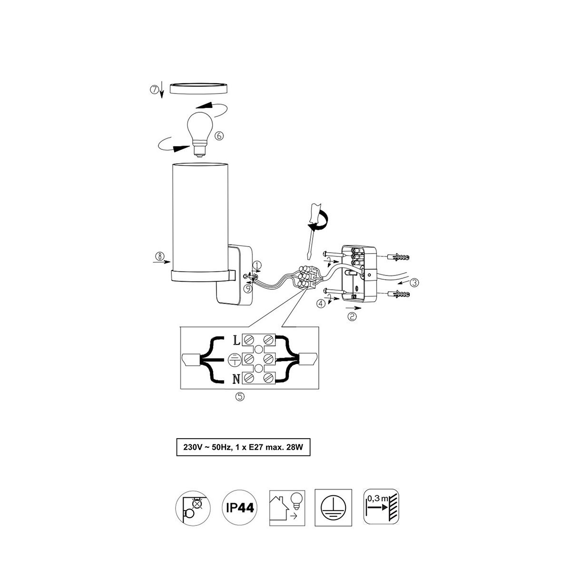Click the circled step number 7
click(154, 89)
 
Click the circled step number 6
click(219, 136)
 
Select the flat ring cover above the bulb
click(198, 89)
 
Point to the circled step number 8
click(159, 256)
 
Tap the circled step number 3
click(414, 282)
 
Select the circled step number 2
click(352, 317)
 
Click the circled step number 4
click(321, 304)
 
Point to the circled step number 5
click(240, 397)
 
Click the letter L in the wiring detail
click(236, 341)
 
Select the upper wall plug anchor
click(398, 257)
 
